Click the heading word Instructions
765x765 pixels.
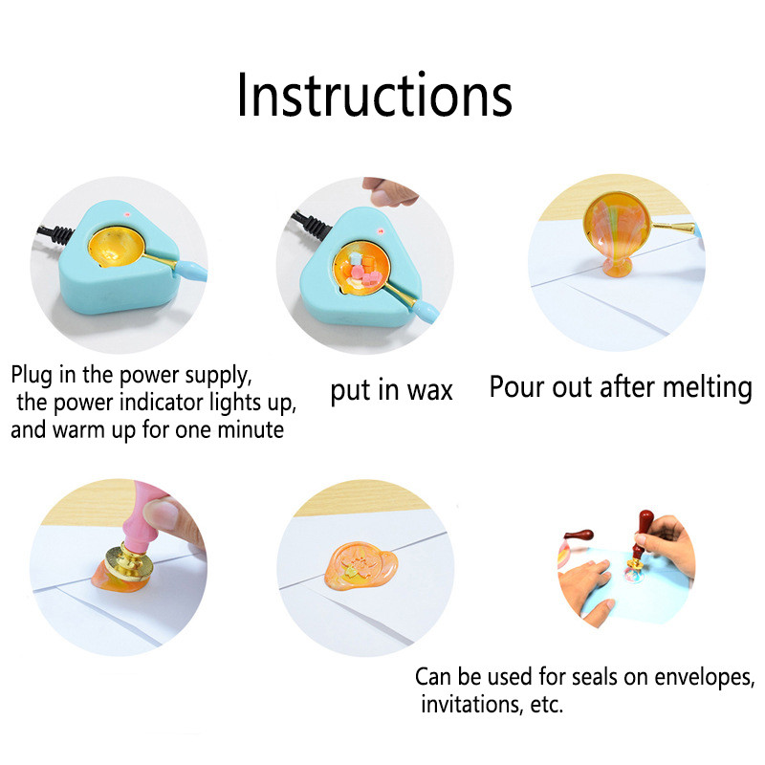click(374, 95)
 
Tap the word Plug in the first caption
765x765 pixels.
click(32, 376)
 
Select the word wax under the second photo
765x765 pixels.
click(429, 391)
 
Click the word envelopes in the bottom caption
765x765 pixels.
click(704, 677)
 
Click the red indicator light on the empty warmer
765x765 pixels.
click(128, 213)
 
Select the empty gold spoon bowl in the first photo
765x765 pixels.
click(116, 247)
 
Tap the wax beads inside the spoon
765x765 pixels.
click(363, 271)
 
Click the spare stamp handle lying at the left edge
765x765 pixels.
click(579, 535)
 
